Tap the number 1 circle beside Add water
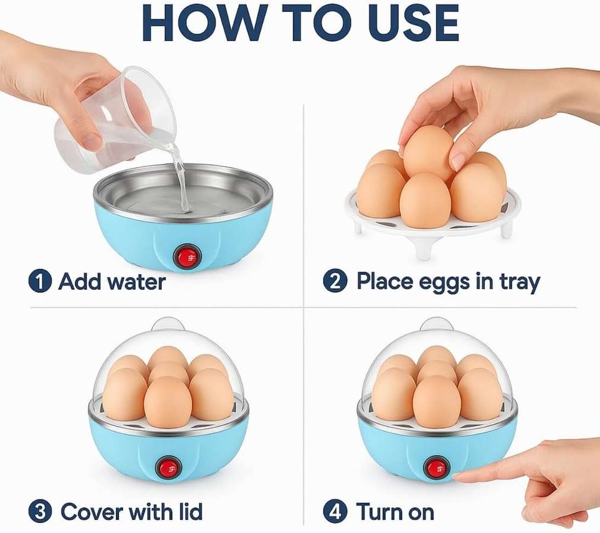[40, 282]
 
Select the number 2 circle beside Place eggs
[335, 282]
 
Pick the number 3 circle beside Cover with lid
[40, 512]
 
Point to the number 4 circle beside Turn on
[335, 512]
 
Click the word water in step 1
[136, 282]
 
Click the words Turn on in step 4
[395, 512]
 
